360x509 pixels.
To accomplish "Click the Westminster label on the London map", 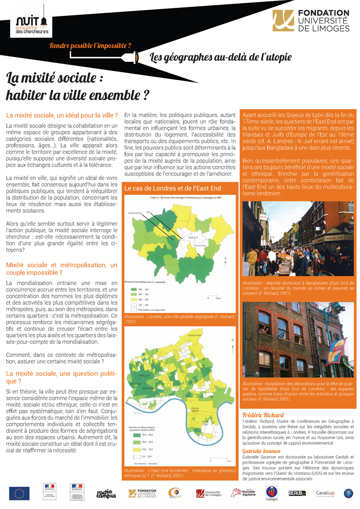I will [135, 212].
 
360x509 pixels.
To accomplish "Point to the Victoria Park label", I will [195, 336].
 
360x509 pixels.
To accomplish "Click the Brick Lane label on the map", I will [145, 376].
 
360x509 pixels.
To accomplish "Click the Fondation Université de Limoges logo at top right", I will [311, 21].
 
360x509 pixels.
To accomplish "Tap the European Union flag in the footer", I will [19, 493].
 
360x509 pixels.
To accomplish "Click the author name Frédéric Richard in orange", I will [263, 415].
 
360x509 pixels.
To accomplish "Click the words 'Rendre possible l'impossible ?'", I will [90, 45].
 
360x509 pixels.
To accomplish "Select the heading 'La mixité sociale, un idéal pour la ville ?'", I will [62, 115].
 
